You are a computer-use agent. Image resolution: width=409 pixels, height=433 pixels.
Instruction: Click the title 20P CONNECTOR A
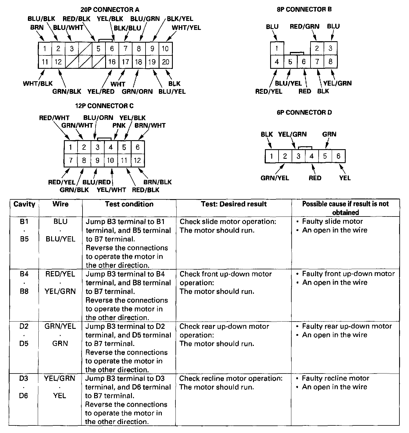click(110, 10)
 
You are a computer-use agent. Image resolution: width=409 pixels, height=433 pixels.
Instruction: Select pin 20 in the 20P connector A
click(166, 62)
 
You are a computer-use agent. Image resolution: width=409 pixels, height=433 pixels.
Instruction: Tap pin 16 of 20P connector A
click(112, 62)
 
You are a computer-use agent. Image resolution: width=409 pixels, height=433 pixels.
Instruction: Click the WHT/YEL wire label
click(186, 28)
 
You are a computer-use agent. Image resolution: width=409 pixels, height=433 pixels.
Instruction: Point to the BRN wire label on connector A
click(37, 28)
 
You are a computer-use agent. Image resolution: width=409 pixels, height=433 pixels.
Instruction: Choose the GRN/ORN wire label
click(137, 91)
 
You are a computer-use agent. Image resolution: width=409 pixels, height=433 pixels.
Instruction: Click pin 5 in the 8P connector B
click(290, 62)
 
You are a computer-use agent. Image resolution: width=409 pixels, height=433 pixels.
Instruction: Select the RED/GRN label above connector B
click(304, 26)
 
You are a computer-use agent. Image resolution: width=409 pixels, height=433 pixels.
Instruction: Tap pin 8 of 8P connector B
click(331, 62)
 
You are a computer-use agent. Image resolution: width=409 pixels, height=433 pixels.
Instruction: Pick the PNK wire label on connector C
click(119, 125)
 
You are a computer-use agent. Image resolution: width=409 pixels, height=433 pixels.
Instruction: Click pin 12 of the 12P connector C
click(137, 160)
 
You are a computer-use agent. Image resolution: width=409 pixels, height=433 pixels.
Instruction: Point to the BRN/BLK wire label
click(157, 182)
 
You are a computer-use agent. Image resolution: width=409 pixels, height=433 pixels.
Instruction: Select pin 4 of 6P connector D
click(312, 156)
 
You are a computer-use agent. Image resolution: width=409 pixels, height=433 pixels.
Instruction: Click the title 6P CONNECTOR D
click(304, 112)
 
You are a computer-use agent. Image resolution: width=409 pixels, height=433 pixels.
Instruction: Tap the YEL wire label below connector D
click(345, 178)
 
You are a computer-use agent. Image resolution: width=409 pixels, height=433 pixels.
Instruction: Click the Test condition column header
click(129, 204)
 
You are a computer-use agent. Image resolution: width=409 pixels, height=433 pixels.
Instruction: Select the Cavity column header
click(24, 204)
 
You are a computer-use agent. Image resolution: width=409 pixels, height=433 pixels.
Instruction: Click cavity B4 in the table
click(24, 274)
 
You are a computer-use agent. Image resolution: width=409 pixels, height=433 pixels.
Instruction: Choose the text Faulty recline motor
click(336, 378)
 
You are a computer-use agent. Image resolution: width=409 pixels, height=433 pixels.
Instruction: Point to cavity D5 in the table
click(24, 344)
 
